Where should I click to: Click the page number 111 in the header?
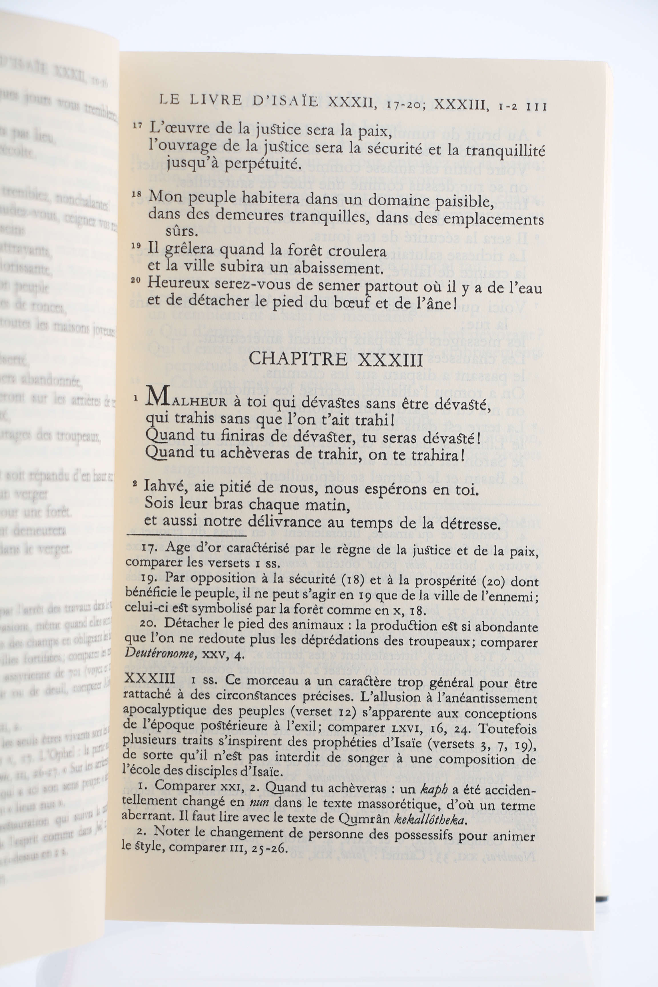tap(535, 107)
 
